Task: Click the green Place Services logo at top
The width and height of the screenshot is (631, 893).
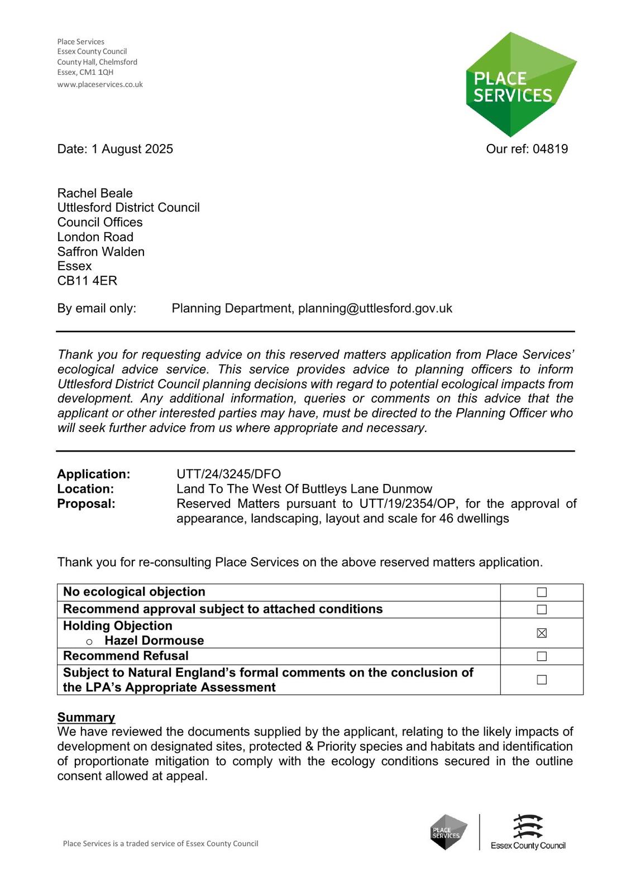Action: tap(520, 85)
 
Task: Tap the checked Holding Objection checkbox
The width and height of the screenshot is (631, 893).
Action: tap(542, 633)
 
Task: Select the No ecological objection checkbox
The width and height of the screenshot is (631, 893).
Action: tap(542, 592)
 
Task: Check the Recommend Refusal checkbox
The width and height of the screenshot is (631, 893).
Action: tap(542, 656)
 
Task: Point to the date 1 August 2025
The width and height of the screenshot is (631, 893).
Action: tap(132, 149)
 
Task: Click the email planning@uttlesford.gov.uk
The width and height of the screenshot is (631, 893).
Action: tap(375, 309)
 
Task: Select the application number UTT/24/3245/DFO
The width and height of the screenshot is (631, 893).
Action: tap(228, 474)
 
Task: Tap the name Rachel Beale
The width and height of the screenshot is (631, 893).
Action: tap(95, 193)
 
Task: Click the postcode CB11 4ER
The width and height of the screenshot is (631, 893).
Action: tap(87, 281)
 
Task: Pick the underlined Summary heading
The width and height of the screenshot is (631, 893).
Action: tap(86, 717)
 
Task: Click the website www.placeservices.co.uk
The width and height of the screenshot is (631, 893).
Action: tap(100, 85)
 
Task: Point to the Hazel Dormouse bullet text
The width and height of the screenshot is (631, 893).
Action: tap(154, 641)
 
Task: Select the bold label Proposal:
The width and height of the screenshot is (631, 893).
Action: tap(86, 504)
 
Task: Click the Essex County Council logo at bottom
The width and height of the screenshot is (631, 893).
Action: tap(528, 832)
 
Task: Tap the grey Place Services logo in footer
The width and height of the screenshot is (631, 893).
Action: tap(448, 832)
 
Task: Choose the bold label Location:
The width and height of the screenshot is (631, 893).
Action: tap(85, 489)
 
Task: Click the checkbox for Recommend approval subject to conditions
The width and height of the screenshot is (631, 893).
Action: tap(542, 609)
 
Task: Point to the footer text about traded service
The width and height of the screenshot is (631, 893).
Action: tap(160, 844)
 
